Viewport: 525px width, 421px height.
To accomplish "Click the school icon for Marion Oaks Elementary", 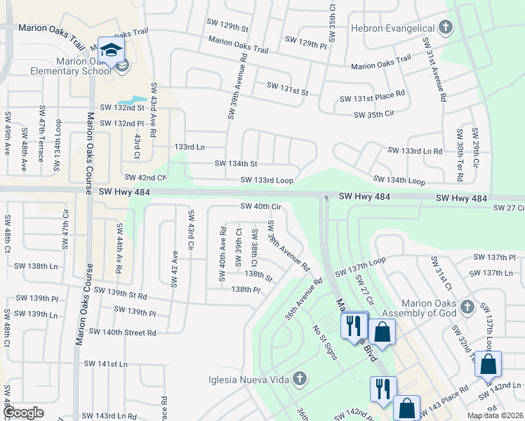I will (x=111, y=49).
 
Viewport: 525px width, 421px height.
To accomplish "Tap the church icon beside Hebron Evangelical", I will (x=444, y=27).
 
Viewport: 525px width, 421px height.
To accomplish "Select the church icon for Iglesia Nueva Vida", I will (x=299, y=379).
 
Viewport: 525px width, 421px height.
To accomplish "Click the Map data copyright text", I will (x=495, y=415).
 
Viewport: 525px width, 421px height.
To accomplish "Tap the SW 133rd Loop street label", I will (x=267, y=180).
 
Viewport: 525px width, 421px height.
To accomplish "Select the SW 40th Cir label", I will (x=261, y=206).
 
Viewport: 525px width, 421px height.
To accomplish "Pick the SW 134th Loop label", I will (x=399, y=181).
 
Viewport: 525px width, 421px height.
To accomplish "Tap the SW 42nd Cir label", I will (x=146, y=178).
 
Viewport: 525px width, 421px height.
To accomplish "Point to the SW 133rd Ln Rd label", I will (x=415, y=151).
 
